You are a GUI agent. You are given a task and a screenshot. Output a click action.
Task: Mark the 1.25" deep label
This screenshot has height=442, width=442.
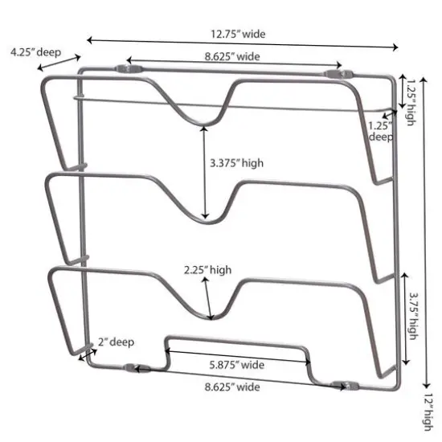click(380, 131)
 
